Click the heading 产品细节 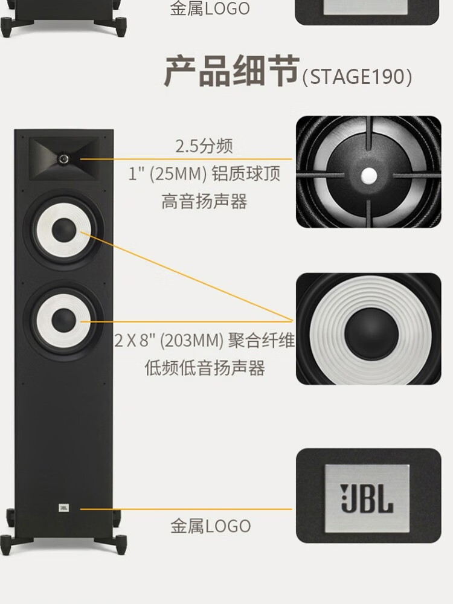(x=233, y=72)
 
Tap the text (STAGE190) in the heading (x=357, y=77)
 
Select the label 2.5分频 (x=204, y=146)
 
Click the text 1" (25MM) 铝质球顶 (x=204, y=174)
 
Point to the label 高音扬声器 (x=204, y=201)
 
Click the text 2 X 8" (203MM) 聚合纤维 (x=204, y=342)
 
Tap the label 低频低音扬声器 (x=204, y=368)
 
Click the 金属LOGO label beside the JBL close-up (x=210, y=526)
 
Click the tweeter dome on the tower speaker (x=63, y=158)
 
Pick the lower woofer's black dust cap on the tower (x=63, y=320)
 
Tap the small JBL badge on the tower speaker (x=63, y=509)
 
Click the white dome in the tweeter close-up (x=368, y=175)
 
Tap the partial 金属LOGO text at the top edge (x=210, y=8)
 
